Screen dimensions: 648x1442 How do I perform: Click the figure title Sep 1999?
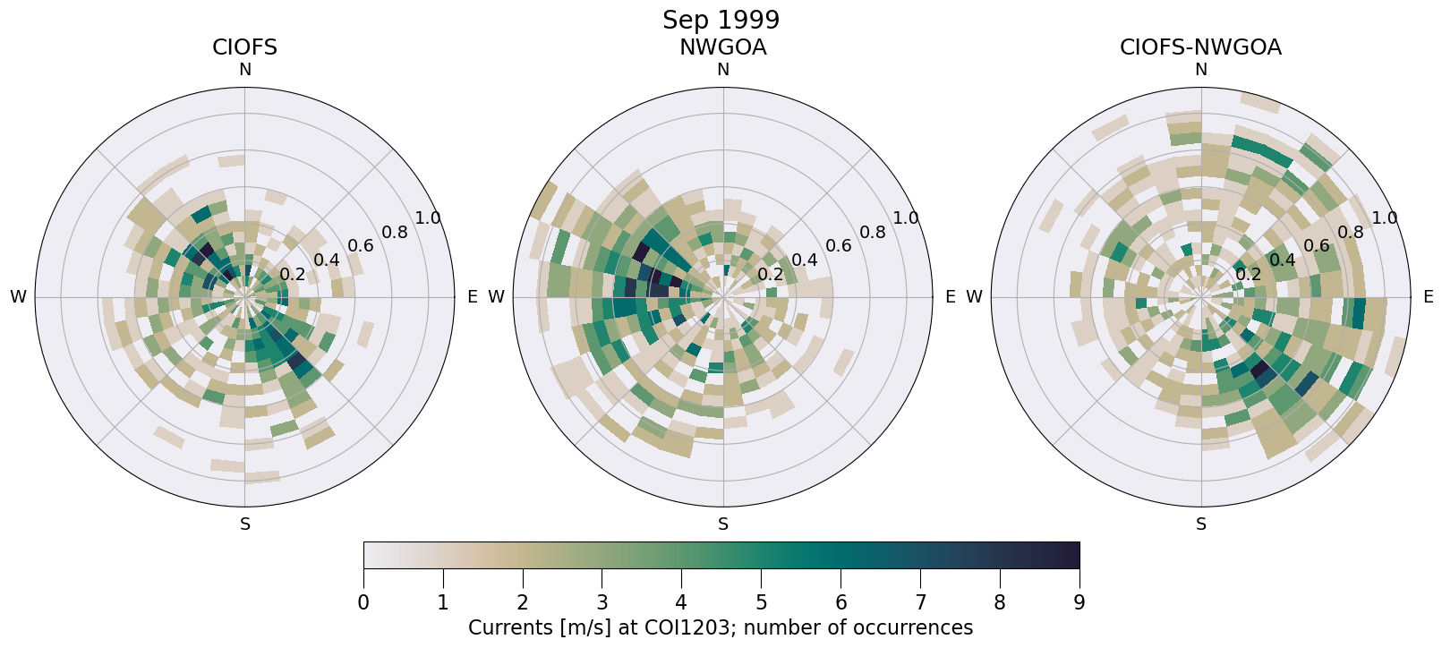click(x=721, y=20)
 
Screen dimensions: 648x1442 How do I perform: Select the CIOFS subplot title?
click(x=244, y=47)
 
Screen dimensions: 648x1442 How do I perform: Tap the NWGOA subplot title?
click(x=722, y=47)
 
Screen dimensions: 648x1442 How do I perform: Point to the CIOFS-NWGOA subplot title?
click(x=1200, y=47)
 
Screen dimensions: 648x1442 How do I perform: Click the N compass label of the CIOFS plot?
click(x=244, y=70)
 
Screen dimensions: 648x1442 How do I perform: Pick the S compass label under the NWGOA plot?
click(x=723, y=524)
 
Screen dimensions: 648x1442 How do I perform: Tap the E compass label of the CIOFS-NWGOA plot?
click(x=1428, y=297)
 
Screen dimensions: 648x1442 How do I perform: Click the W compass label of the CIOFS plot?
click(x=18, y=297)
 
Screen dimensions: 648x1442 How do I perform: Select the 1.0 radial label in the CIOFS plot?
click(x=428, y=218)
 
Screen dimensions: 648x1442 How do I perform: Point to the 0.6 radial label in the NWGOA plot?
click(x=838, y=246)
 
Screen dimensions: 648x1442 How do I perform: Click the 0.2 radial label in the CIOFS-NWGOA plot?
click(x=1248, y=274)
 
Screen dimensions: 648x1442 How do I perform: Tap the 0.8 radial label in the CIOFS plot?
click(x=394, y=233)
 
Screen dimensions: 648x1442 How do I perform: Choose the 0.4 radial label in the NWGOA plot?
click(x=804, y=260)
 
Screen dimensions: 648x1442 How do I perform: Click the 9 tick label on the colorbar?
click(x=1079, y=602)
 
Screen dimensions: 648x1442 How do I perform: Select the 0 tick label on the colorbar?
click(x=363, y=602)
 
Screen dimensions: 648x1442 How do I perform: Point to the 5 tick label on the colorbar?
click(x=761, y=602)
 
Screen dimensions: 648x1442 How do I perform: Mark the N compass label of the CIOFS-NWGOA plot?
click(x=1201, y=70)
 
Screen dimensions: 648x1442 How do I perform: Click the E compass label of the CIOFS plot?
click(x=472, y=297)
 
